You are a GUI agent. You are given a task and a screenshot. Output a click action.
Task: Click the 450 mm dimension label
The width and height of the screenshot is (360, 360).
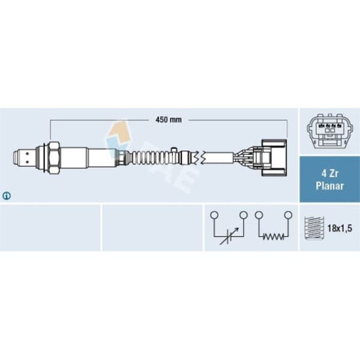tap(169, 120)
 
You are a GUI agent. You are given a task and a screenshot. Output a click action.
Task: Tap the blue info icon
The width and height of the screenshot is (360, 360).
tap(7, 196)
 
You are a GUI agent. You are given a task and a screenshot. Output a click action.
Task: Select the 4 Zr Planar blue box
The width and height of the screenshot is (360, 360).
tap(329, 179)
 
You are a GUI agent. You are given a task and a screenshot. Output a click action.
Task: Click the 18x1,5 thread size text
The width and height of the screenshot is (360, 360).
tap(340, 229)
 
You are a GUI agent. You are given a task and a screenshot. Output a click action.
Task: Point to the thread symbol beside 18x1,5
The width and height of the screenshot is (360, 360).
tap(314, 228)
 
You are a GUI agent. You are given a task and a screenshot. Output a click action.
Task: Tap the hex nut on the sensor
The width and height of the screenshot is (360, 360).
tap(54, 158)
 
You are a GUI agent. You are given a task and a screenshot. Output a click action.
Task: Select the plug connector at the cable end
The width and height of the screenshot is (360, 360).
tap(271, 158)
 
